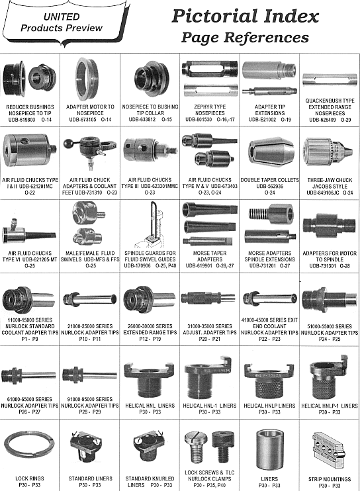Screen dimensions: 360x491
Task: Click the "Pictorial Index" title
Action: click(x=245, y=16)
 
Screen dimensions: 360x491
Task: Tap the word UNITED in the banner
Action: click(x=62, y=17)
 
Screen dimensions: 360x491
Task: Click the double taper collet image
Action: click(x=271, y=152)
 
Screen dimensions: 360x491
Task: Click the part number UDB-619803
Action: click(x=22, y=120)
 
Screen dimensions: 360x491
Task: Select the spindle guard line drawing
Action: click(x=150, y=224)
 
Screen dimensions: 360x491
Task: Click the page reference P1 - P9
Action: click(x=30, y=339)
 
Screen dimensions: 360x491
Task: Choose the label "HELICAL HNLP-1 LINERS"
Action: click(x=330, y=406)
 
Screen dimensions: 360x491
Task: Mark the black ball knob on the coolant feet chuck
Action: click(x=67, y=144)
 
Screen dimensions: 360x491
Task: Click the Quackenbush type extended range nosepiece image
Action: click(x=330, y=79)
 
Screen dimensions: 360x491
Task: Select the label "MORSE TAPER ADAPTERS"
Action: click(x=210, y=256)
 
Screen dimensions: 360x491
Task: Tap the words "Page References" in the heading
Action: click(x=245, y=37)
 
